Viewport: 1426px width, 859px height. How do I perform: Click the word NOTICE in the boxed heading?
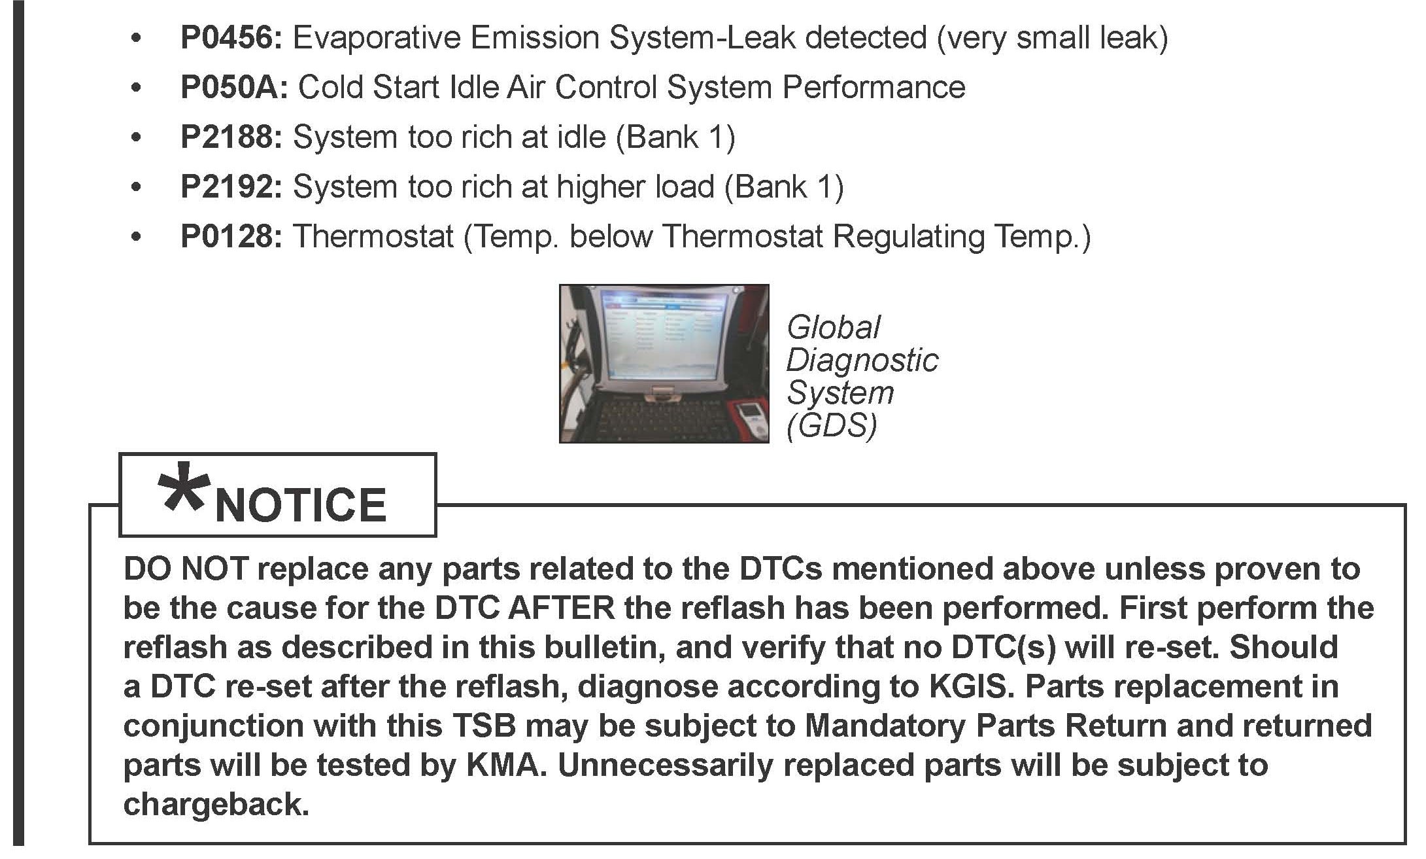[301, 505]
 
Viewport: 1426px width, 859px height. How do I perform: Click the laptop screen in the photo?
[664, 343]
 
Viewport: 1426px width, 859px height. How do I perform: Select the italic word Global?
[833, 327]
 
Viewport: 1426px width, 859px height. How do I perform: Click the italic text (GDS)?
[831, 426]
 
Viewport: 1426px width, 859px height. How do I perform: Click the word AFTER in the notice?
[562, 608]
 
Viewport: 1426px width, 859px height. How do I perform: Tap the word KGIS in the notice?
[969, 687]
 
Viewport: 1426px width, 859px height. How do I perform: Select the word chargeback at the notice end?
[216, 805]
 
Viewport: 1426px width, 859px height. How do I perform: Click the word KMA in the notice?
[507, 765]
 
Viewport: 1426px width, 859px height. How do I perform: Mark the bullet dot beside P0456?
[136, 39]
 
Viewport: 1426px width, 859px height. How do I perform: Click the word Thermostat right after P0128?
[373, 237]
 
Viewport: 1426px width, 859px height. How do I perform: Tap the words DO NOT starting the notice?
[185, 569]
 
